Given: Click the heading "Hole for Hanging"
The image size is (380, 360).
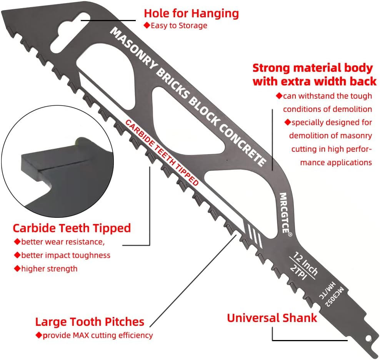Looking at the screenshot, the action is tap(191, 13).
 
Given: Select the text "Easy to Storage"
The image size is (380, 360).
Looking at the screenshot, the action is tap(179, 25).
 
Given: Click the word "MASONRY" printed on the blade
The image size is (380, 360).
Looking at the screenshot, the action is tap(134, 48).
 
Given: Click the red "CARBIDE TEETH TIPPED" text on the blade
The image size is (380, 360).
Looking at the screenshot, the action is tap(162, 153).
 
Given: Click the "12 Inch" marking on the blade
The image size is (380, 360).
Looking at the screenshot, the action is tap(306, 264).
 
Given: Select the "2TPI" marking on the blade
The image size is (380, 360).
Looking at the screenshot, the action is tap(298, 272).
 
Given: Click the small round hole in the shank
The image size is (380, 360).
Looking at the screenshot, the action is tap(368, 338).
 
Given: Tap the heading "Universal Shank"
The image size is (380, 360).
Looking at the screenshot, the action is tap(272, 318).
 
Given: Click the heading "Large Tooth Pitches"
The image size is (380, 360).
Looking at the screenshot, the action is tap(90, 322).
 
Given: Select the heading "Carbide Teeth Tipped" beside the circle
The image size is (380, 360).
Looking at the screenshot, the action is tap(72, 228).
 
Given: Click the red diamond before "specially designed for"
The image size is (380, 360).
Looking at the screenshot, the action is tap(288, 122).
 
